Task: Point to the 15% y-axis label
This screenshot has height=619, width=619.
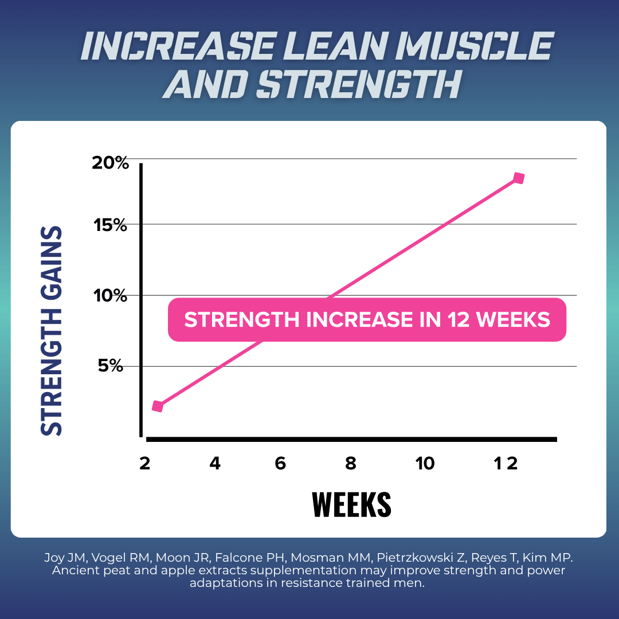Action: point(111,225)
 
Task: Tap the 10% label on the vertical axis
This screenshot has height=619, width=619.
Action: point(111,296)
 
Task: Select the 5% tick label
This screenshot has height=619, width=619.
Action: point(111,366)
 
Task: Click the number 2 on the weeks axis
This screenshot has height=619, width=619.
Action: point(144,464)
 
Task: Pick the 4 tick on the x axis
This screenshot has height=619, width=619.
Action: point(215,464)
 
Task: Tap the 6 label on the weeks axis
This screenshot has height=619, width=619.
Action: point(280,464)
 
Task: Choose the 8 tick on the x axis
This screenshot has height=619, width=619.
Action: point(351,464)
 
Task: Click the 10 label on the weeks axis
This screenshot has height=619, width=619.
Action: point(425,464)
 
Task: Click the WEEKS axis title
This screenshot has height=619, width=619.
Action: point(351,504)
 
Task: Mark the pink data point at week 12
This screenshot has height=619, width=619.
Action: point(519,178)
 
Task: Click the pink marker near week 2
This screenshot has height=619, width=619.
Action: point(158,406)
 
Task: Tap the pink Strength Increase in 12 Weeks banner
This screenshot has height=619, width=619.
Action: point(367,319)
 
